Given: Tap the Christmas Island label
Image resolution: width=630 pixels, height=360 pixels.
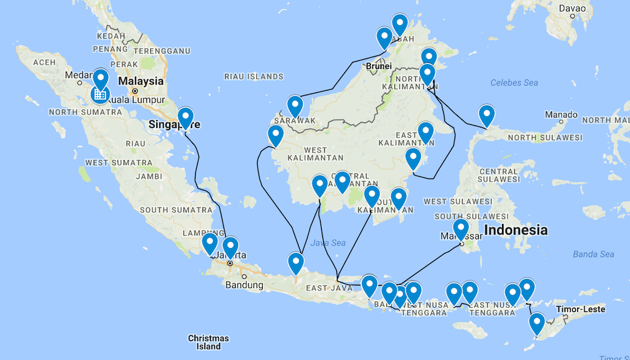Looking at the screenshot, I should coord(209,342).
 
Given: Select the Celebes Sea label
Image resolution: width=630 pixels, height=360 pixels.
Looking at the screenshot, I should coord(514,82).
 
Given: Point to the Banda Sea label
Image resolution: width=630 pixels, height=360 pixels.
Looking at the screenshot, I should coord(593,254).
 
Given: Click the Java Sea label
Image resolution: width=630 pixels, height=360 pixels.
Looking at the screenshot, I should coord(327,243).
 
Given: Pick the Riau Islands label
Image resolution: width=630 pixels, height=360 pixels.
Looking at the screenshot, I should coord(254,77).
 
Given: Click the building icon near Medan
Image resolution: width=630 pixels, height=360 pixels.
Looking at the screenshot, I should coord(100,94).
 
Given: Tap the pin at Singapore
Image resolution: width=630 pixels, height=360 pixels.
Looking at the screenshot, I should coord(185,118).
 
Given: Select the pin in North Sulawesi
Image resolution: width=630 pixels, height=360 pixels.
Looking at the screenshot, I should coord(486,114).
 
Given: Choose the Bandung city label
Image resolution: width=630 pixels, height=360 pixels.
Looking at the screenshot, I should coord(244,285).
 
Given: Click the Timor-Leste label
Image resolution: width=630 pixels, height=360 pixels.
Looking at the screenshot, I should coord(580,309).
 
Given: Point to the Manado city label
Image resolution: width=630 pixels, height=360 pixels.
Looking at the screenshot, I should coord(561,114).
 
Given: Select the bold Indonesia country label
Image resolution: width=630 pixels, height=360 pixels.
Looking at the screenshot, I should coord(516,230).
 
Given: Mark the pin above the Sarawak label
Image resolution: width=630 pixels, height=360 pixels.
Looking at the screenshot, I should coord(295,106).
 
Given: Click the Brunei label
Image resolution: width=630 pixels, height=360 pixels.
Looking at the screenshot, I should coord(378,65).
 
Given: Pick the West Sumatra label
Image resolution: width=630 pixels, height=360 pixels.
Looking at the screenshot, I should coord(118,162).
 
